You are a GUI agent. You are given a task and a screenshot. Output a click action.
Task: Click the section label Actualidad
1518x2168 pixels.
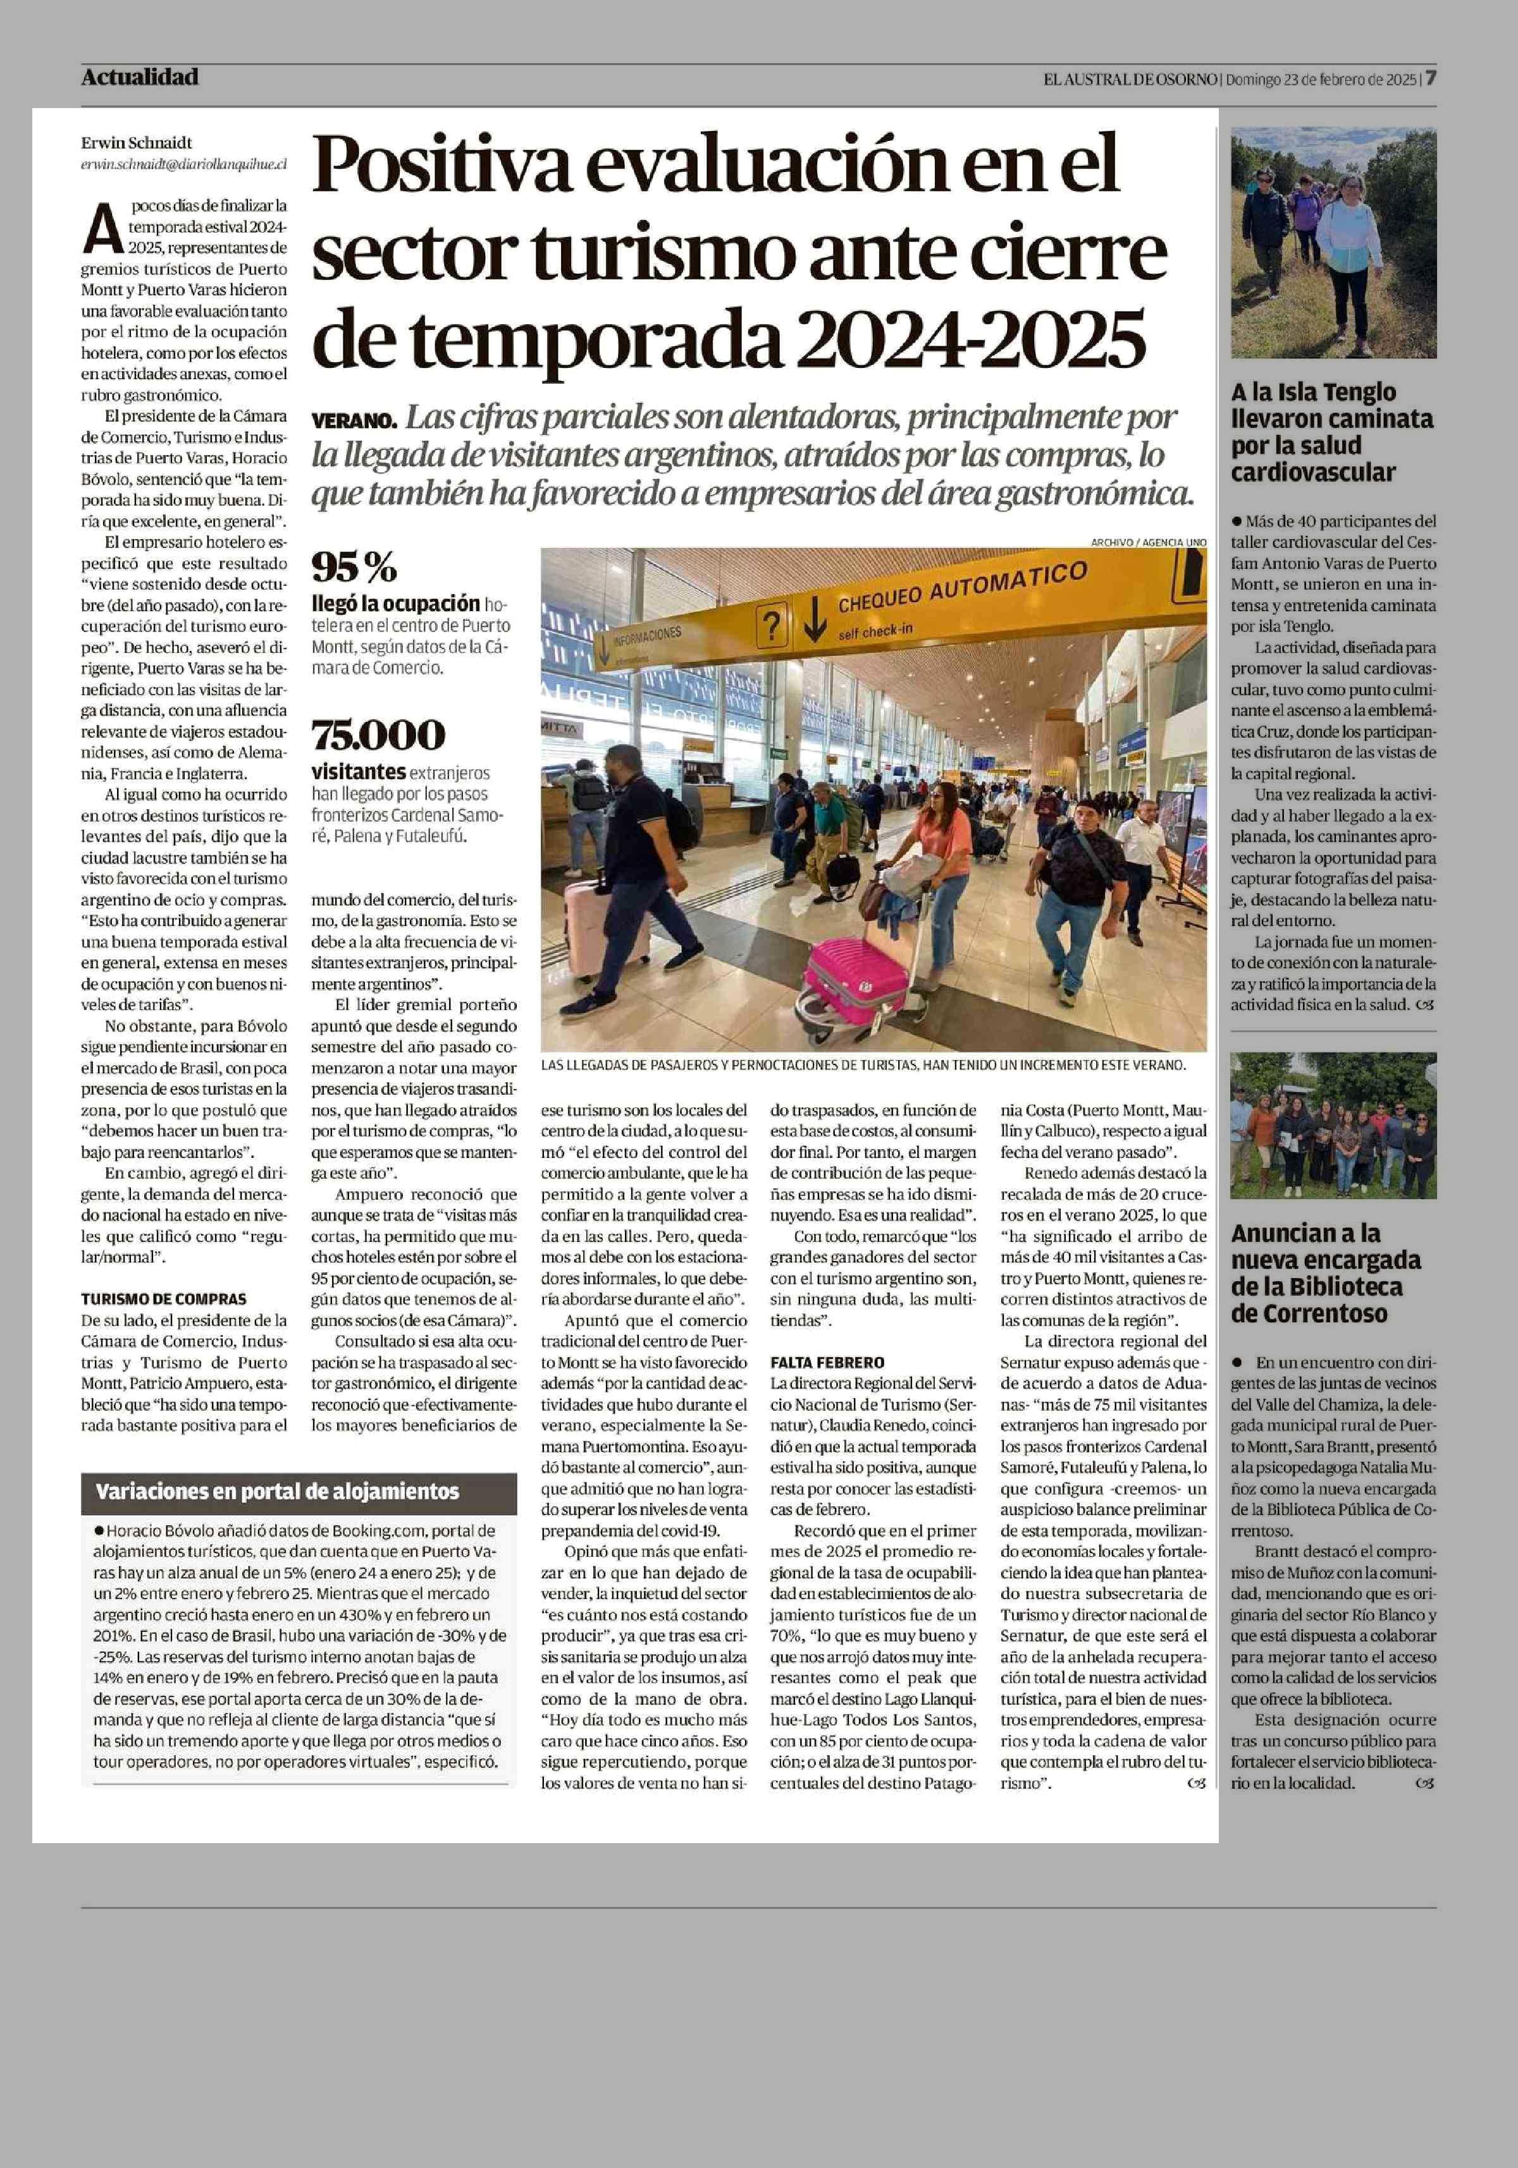tap(140, 77)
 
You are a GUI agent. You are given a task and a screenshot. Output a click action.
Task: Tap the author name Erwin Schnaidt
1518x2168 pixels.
tap(136, 143)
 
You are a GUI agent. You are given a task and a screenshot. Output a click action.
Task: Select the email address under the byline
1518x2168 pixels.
tap(183, 163)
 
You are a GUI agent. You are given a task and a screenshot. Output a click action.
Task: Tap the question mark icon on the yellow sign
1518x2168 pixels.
tap(773, 625)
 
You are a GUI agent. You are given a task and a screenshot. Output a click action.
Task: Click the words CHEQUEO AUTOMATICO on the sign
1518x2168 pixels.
tap(961, 587)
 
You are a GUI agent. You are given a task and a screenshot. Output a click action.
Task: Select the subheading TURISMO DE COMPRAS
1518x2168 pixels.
tap(163, 1300)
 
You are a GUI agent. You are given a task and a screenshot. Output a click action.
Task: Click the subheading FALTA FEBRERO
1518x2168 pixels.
tap(827, 1363)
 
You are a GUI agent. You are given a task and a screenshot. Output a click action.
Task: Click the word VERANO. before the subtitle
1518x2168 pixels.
tap(354, 420)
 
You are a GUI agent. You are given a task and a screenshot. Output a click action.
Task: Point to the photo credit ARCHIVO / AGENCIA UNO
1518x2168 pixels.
tap(1148, 542)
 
